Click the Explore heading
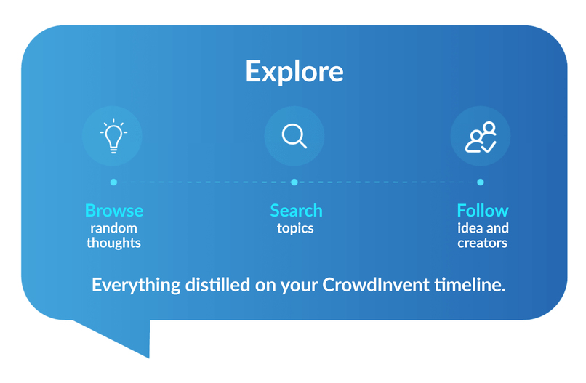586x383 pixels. click(294, 72)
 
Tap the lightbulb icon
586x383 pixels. click(113, 136)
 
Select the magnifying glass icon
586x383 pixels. click(294, 136)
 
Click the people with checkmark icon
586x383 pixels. click(481, 137)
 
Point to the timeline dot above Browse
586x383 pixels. click(113, 182)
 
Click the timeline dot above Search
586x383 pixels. click(294, 182)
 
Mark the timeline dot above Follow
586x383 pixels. click(481, 182)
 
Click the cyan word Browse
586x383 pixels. click(114, 211)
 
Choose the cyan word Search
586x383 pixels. click(296, 211)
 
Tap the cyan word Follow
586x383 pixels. click(482, 211)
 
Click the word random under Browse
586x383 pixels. click(114, 228)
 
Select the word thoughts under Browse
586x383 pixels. click(114, 243)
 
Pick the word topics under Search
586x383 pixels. click(295, 228)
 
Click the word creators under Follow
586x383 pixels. click(482, 243)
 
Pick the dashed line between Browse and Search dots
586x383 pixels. click(204, 182)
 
